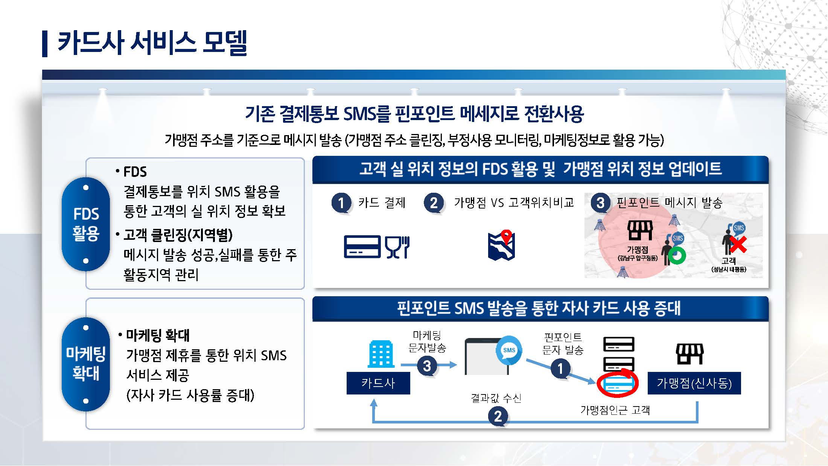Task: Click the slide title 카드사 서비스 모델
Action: click(152, 43)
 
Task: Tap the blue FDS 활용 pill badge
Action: click(86, 224)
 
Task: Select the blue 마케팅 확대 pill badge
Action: click(86, 364)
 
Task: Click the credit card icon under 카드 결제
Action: click(362, 247)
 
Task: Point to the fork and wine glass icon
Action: click(397, 247)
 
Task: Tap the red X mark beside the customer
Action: click(738, 245)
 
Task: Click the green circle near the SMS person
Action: click(677, 256)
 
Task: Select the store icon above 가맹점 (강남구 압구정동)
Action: click(640, 230)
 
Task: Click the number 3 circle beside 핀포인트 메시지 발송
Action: click(600, 203)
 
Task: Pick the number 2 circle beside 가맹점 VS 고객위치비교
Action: click(434, 203)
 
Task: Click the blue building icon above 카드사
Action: click(381, 354)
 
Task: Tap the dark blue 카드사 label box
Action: click(378, 383)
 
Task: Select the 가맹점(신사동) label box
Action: click(694, 383)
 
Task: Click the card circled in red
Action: click(617, 384)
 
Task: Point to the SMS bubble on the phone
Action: click(509, 350)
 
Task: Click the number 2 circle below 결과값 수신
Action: click(498, 416)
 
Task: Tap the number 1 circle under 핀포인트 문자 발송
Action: click(560, 368)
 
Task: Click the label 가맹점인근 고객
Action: click(615, 410)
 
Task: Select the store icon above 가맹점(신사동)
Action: click(690, 354)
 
